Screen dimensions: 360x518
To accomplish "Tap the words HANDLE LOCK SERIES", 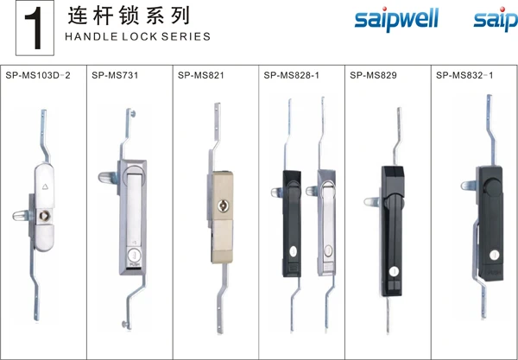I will (136, 37).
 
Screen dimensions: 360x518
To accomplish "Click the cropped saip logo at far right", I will (496, 20).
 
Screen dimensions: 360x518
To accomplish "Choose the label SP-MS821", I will (200, 75).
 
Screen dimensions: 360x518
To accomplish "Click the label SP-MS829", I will (373, 75).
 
